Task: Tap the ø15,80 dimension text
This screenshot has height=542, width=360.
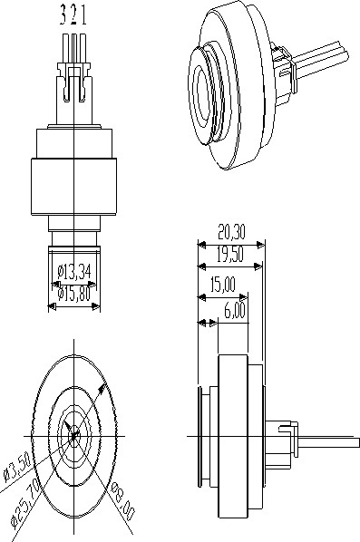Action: [x=76, y=293]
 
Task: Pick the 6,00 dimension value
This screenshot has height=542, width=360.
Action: [x=233, y=310]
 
